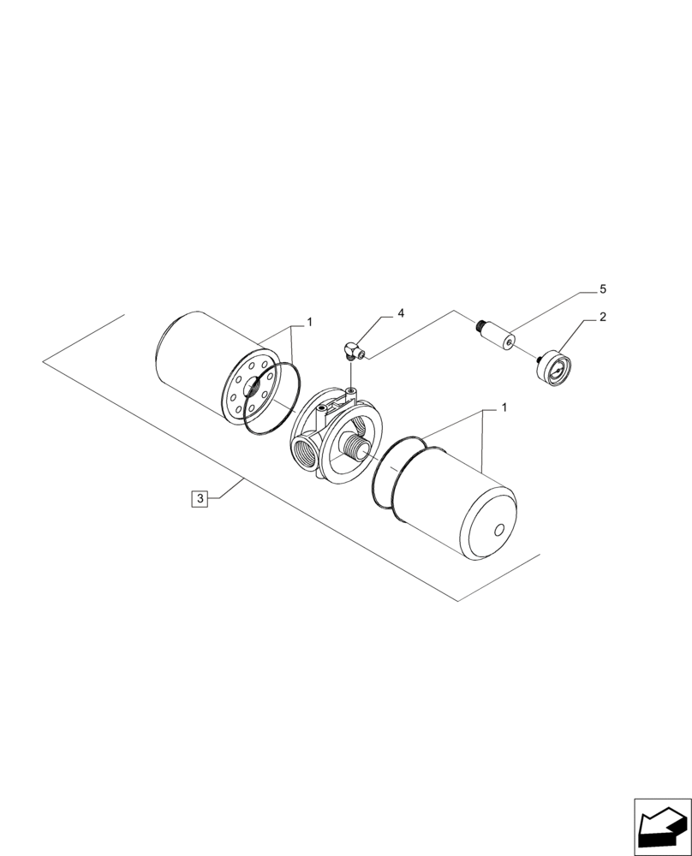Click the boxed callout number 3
click(x=199, y=497)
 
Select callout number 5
click(x=602, y=288)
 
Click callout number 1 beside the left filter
click(x=309, y=323)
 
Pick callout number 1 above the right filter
click(x=504, y=407)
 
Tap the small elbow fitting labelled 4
click(x=352, y=349)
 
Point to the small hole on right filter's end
click(x=499, y=530)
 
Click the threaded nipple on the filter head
click(x=355, y=445)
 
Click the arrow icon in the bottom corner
click(x=661, y=827)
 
